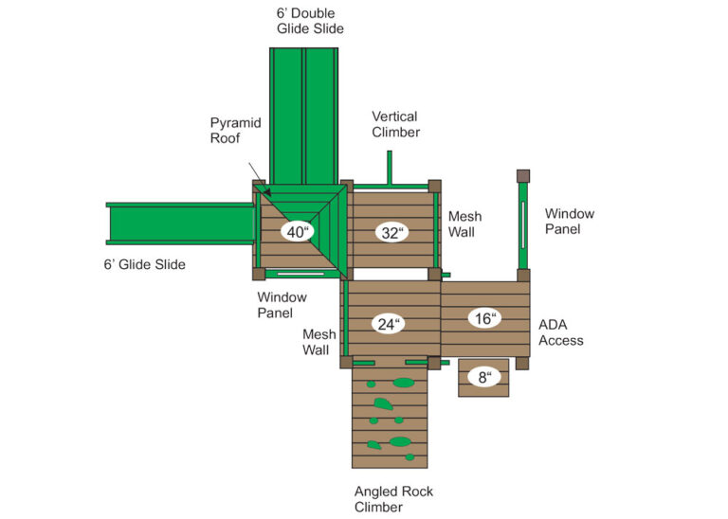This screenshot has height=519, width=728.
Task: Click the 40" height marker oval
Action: [x=297, y=232]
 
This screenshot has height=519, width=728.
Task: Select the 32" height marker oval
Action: [x=390, y=232]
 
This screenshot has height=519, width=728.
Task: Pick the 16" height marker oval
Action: [x=484, y=318]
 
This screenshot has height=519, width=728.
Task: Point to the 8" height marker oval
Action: [x=483, y=377]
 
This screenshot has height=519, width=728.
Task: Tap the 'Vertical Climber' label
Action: [x=395, y=124]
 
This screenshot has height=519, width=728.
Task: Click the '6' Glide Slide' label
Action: [x=144, y=264]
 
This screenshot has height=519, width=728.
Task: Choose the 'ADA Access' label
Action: [x=560, y=332]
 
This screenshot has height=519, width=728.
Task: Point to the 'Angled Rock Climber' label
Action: [x=393, y=499]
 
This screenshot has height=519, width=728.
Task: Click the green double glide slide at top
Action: [x=304, y=114]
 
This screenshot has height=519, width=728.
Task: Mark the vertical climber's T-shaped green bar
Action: [x=389, y=175]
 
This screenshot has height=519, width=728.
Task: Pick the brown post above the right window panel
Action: [x=522, y=176]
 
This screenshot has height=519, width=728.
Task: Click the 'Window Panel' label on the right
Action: [x=569, y=222]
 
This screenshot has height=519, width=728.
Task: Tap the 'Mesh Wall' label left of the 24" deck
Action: [x=316, y=342]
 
